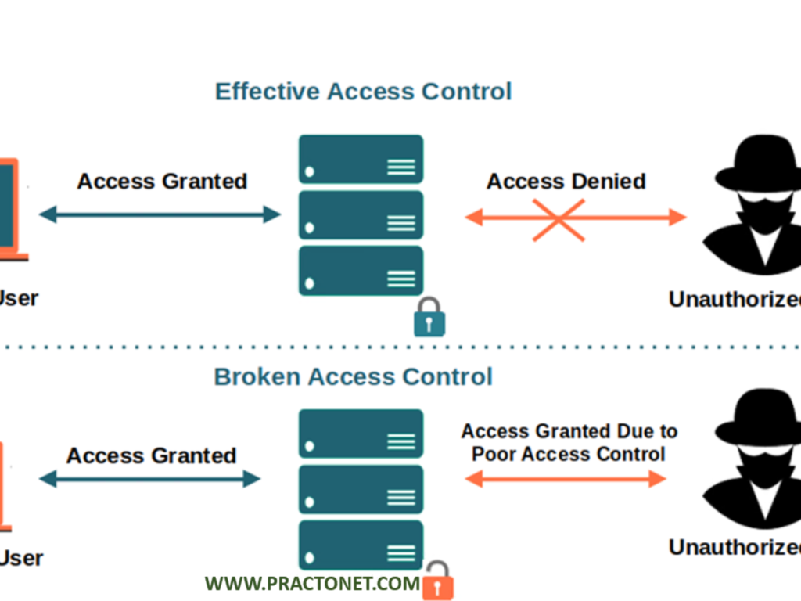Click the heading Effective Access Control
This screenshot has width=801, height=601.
(363, 91)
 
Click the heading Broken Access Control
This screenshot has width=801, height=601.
(353, 376)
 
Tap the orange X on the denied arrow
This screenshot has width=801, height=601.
(559, 218)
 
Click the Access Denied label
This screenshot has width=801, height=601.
(566, 182)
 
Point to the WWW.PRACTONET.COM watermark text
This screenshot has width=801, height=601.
(312, 583)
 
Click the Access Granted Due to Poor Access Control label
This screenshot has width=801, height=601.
(569, 442)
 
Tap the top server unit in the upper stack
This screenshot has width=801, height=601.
(361, 160)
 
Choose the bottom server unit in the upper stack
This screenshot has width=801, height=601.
(361, 271)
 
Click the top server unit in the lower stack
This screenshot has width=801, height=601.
(361, 434)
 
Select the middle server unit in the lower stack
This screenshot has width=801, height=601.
(361, 489)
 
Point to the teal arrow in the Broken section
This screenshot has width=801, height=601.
(149, 479)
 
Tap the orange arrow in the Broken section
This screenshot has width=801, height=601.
(566, 479)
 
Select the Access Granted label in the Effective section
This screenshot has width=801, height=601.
(162, 182)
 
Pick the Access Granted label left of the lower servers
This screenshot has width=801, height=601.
(151, 455)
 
